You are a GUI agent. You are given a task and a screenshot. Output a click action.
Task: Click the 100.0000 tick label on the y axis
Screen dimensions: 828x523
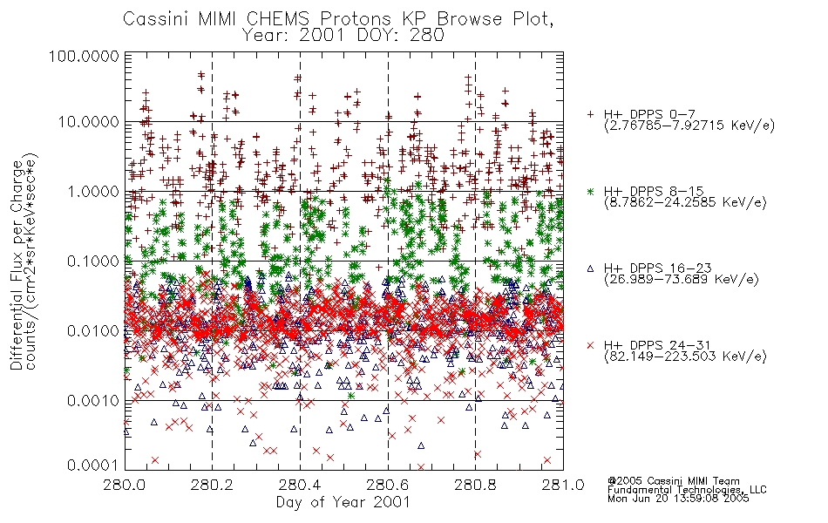[84, 56]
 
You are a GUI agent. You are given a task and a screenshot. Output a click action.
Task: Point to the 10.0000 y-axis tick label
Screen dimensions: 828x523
[88, 122]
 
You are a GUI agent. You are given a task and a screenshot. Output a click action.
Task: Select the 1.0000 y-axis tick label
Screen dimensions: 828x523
[93, 191]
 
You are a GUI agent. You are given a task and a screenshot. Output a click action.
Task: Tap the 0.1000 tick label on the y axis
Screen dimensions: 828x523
[93, 261]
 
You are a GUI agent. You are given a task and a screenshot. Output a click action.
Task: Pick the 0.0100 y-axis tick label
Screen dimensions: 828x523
[93, 331]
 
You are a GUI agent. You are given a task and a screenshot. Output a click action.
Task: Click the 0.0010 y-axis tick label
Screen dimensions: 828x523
[93, 401]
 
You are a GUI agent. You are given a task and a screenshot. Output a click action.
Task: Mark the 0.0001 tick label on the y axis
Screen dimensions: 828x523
[93, 465]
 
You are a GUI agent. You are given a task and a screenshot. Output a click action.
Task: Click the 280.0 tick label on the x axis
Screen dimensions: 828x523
[125, 485]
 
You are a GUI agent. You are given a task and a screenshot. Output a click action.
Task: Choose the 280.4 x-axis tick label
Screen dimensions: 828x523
[300, 485]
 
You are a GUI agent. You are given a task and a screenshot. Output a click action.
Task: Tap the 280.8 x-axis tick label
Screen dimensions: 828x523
[475, 485]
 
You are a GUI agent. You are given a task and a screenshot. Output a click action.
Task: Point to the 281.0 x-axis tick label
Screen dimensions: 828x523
[563, 485]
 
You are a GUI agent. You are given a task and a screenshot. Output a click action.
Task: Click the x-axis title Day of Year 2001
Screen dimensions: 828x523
[343, 502]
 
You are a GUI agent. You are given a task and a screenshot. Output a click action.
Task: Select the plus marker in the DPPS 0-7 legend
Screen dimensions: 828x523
[590, 114]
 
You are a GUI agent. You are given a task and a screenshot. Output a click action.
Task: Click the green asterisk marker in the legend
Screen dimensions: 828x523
[590, 191]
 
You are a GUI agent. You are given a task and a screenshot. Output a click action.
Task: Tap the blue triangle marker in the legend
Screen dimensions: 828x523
[590, 268]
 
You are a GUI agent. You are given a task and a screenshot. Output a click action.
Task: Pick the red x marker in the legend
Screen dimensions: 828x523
[590, 345]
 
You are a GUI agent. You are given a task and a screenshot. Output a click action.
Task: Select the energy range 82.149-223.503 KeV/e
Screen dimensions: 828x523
[685, 357]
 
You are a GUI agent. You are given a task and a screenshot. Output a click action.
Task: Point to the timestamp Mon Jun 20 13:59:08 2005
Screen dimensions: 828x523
[678, 499]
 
